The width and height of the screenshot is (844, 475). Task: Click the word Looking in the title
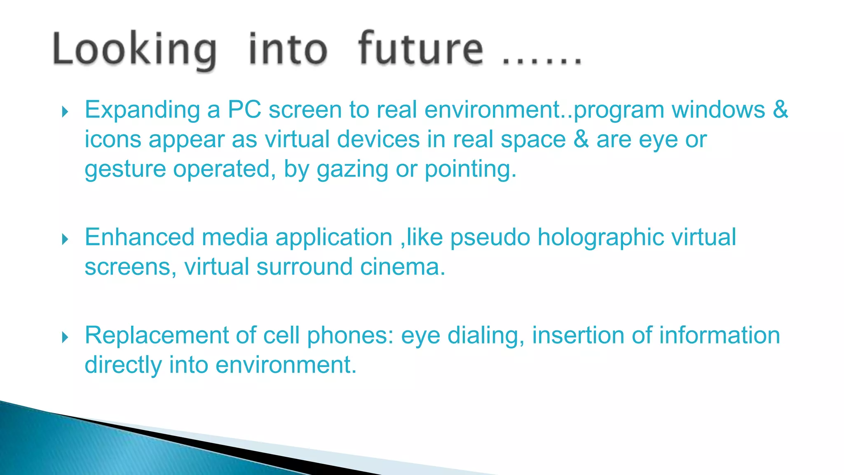click(134, 50)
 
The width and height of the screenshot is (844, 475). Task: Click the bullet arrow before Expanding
click(65, 111)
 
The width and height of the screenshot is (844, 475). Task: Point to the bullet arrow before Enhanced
click(65, 239)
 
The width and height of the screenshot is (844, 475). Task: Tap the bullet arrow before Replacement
click(65, 337)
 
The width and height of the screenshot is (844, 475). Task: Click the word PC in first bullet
click(244, 110)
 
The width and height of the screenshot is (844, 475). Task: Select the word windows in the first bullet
click(718, 110)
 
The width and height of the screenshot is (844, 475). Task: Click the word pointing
click(470, 169)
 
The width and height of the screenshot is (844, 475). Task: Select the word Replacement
click(156, 335)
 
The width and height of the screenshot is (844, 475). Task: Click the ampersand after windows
click(780, 110)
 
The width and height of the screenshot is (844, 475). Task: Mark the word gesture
click(125, 169)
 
